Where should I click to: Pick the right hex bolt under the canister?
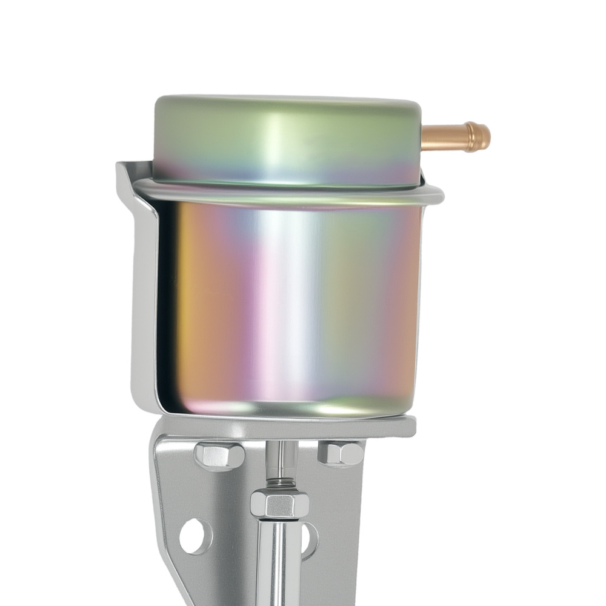[x=341, y=453]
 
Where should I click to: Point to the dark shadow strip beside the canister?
[x=166, y=303]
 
